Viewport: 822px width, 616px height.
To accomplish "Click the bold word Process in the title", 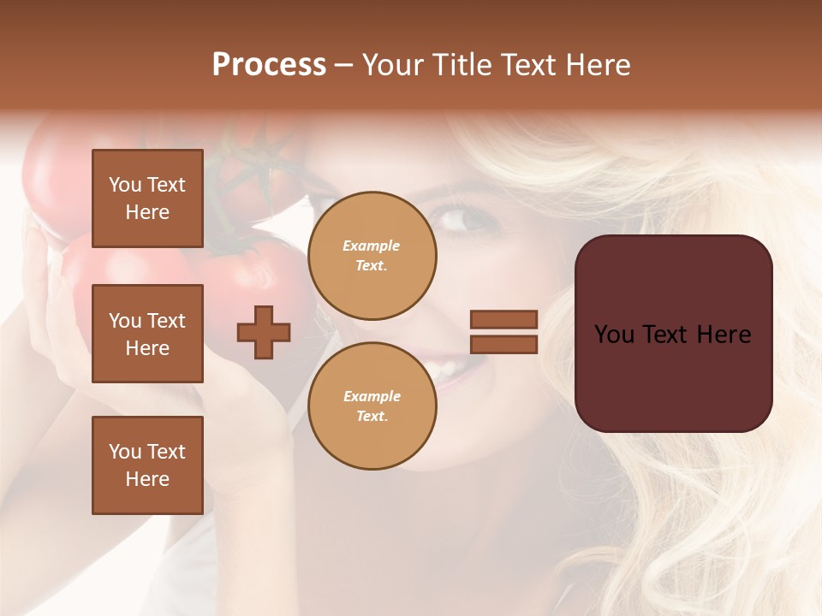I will point(269,65).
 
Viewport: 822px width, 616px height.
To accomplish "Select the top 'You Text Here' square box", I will point(147,198).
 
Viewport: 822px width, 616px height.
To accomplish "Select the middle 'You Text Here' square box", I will point(147,334).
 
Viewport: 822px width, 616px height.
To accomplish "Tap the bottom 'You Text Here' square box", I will point(147,465).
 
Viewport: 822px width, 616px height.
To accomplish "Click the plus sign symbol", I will point(264,332).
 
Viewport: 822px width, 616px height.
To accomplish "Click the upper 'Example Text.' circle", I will point(372,256).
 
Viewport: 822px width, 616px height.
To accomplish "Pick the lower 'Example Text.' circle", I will point(372,406).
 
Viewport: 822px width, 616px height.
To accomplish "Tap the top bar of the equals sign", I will point(503,320).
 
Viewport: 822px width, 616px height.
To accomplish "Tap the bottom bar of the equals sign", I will point(503,344).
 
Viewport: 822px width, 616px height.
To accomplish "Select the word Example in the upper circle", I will point(372,246).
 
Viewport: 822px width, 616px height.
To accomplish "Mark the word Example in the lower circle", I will point(372,396).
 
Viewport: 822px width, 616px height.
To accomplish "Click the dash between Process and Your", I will point(344,65).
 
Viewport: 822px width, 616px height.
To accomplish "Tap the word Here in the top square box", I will point(147,212).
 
